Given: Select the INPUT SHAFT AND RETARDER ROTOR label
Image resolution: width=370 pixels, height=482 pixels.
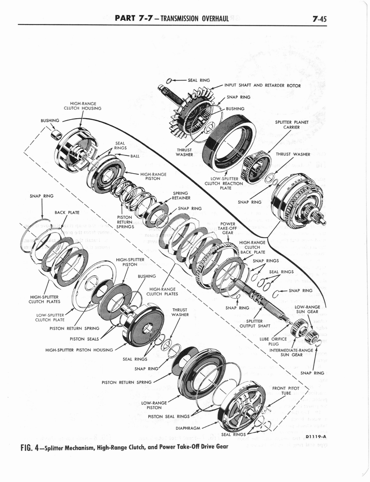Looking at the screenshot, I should point(262,86).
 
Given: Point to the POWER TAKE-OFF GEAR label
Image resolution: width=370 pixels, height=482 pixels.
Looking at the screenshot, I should point(227,228).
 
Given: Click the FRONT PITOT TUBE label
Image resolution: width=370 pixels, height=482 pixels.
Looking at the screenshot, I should point(286,391).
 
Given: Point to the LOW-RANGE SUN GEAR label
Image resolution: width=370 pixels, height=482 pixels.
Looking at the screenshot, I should point(307,309).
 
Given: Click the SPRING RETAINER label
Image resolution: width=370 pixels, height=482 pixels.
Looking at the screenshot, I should point(180,196).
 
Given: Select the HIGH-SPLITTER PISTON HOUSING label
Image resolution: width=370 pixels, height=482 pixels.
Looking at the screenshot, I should point(79,350).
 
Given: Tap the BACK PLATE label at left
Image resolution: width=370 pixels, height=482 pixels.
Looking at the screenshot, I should point(66,212).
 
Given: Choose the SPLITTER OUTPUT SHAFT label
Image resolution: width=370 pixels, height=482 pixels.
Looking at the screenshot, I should point(255,323).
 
